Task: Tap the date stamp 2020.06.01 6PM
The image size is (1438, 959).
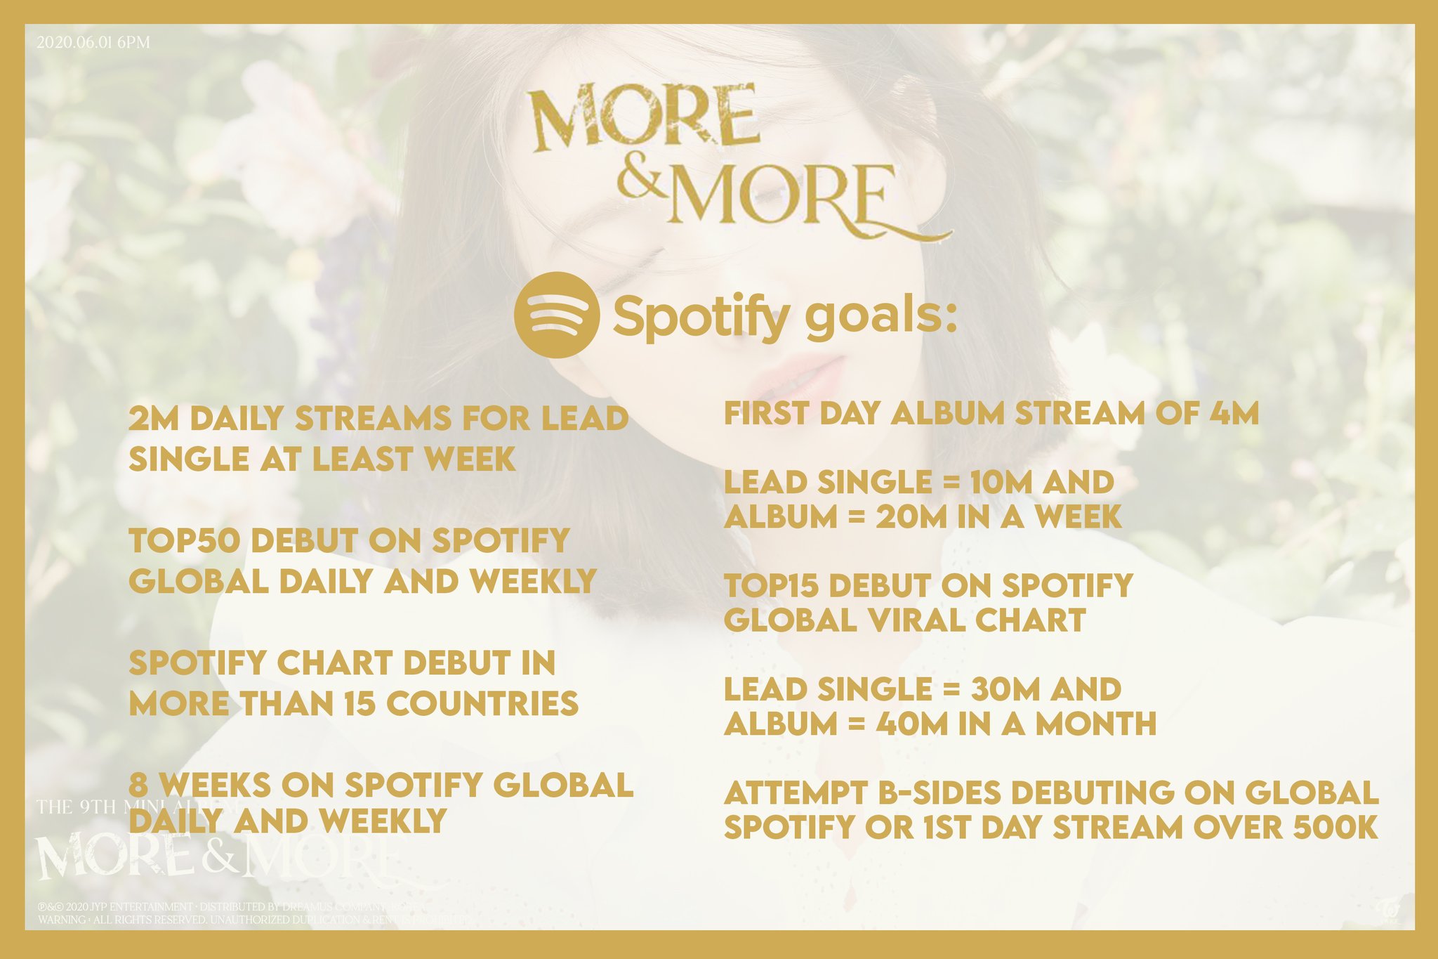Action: click(93, 42)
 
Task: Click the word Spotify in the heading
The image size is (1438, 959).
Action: click(701, 318)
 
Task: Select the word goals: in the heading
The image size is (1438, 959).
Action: click(880, 318)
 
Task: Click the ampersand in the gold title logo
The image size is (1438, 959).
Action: click(638, 181)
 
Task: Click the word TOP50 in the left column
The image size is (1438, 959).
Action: click(185, 541)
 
